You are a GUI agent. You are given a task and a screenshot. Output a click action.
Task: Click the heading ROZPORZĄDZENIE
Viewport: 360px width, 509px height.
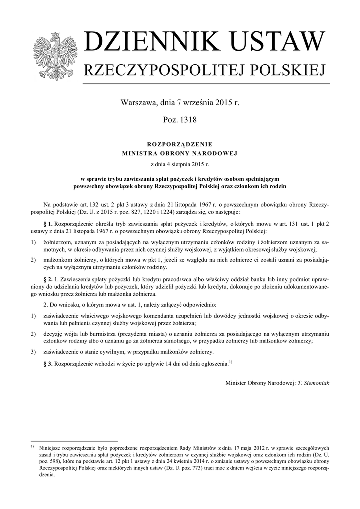click(180, 143)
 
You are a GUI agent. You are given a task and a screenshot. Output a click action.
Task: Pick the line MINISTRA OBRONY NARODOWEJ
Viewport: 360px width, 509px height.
click(180, 153)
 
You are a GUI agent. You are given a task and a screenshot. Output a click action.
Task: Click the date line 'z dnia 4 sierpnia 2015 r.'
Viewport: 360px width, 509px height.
click(180, 163)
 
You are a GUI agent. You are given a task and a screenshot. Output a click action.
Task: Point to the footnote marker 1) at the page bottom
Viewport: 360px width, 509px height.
click(33, 447)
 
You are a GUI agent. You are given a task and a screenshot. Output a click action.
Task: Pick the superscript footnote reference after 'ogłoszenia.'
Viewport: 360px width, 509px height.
click(230, 362)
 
